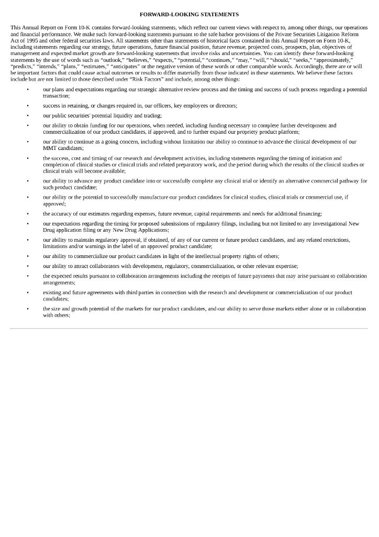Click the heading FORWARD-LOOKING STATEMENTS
(x=189, y=15)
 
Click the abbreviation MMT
(x=49, y=148)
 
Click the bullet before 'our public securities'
(x=27, y=115)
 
